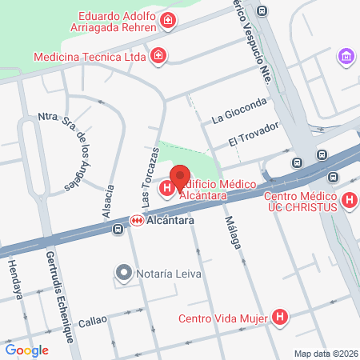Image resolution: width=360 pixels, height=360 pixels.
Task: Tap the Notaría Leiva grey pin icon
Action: (x=123, y=274)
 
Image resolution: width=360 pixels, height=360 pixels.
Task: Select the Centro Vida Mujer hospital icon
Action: (x=279, y=318)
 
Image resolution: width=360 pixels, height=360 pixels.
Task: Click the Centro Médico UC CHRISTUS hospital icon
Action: (x=349, y=201)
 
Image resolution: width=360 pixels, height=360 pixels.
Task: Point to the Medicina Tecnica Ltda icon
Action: (x=159, y=56)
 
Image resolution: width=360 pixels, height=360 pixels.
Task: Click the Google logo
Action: (x=27, y=350)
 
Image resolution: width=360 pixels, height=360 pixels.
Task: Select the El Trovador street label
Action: (x=253, y=134)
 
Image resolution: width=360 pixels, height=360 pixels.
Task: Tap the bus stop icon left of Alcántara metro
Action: (x=118, y=230)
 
